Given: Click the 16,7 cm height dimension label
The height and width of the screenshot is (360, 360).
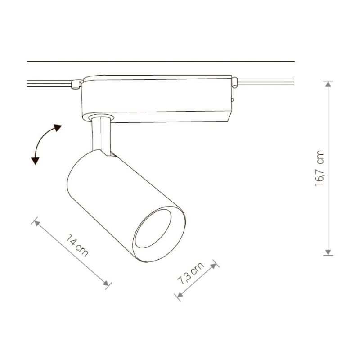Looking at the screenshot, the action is pyautogui.click(x=319, y=168).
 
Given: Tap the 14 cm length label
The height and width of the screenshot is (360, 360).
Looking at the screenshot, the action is pyautogui.click(x=77, y=245).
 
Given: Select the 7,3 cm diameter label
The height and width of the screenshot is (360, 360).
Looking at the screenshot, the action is pyautogui.click(x=190, y=273).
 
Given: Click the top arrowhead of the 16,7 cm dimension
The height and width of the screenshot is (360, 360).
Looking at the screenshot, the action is pyautogui.click(x=328, y=84).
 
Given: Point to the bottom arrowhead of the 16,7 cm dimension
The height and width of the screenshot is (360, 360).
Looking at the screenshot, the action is pyautogui.click(x=328, y=252).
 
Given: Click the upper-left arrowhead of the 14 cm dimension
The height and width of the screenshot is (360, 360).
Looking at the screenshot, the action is pyautogui.click(x=37, y=223).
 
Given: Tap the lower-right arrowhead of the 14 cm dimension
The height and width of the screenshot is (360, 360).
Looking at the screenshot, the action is pyautogui.click(x=106, y=283).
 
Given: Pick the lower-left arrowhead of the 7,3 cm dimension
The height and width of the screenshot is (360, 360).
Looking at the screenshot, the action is pyautogui.click(x=180, y=295).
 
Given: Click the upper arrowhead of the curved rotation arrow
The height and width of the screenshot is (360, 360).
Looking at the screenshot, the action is pyautogui.click(x=57, y=127).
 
